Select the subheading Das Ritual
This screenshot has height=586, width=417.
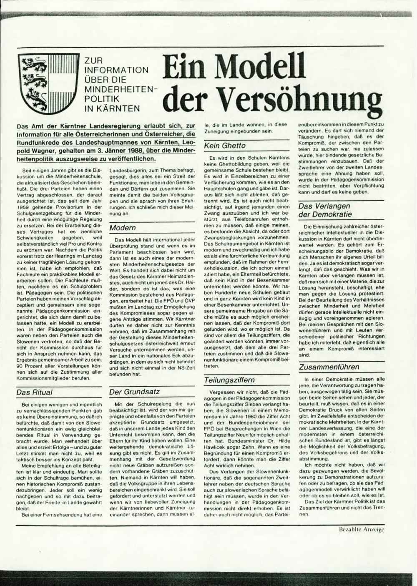point(35,392)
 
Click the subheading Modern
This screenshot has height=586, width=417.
point(123,228)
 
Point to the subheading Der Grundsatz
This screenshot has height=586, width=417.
point(135,392)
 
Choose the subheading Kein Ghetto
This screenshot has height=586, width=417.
point(225,146)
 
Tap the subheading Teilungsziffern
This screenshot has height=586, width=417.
point(229,380)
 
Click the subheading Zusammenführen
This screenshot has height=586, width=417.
point(329,367)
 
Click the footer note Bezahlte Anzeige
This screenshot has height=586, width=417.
point(362,529)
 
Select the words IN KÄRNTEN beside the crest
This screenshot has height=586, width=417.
point(112,108)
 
